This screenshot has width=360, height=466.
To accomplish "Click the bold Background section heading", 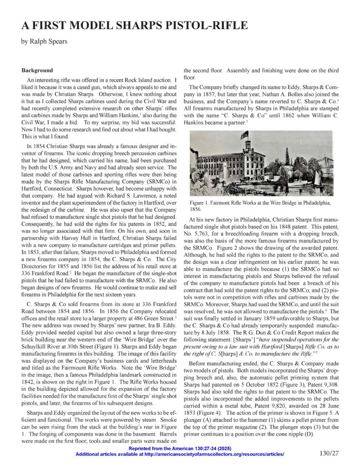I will coord(37,71).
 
